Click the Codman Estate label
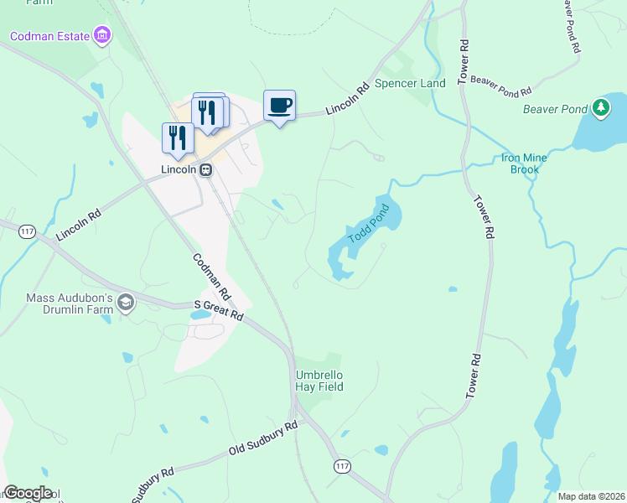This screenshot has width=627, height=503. (x=49, y=36)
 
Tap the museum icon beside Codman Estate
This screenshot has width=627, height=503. (x=102, y=35)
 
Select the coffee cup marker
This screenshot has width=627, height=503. (x=279, y=106)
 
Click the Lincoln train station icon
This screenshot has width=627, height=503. (x=205, y=169)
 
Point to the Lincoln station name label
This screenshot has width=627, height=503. (x=179, y=169)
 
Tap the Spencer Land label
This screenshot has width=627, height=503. (x=410, y=84)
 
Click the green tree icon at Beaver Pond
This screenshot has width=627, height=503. (x=600, y=107)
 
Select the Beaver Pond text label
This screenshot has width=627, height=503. (x=554, y=109)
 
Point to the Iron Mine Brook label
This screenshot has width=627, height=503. (x=525, y=163)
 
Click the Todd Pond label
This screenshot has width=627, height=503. (x=369, y=223)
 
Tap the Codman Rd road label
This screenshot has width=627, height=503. (x=211, y=277)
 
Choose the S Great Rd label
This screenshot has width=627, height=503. (x=218, y=310)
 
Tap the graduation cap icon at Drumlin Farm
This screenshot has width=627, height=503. (x=126, y=303)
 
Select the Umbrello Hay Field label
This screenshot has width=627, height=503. (x=319, y=381)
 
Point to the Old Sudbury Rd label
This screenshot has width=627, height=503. (x=263, y=439)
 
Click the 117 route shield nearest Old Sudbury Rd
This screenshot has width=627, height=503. (x=341, y=465)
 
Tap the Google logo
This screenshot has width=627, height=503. (x=28, y=493)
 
